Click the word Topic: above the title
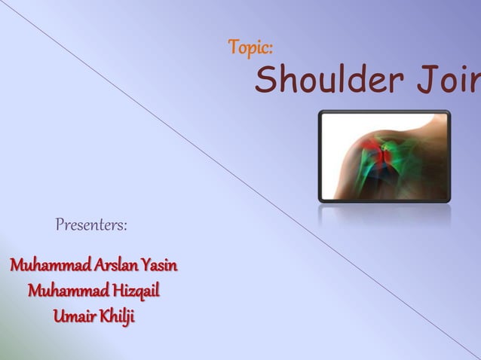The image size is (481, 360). pos(250,49)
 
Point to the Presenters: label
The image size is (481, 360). pos(91,224)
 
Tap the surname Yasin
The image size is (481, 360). pos(160,266)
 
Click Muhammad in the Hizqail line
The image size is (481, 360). pos(64,291)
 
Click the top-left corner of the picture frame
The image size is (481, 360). pos(320,112)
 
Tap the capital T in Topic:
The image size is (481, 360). pos(233,49)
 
